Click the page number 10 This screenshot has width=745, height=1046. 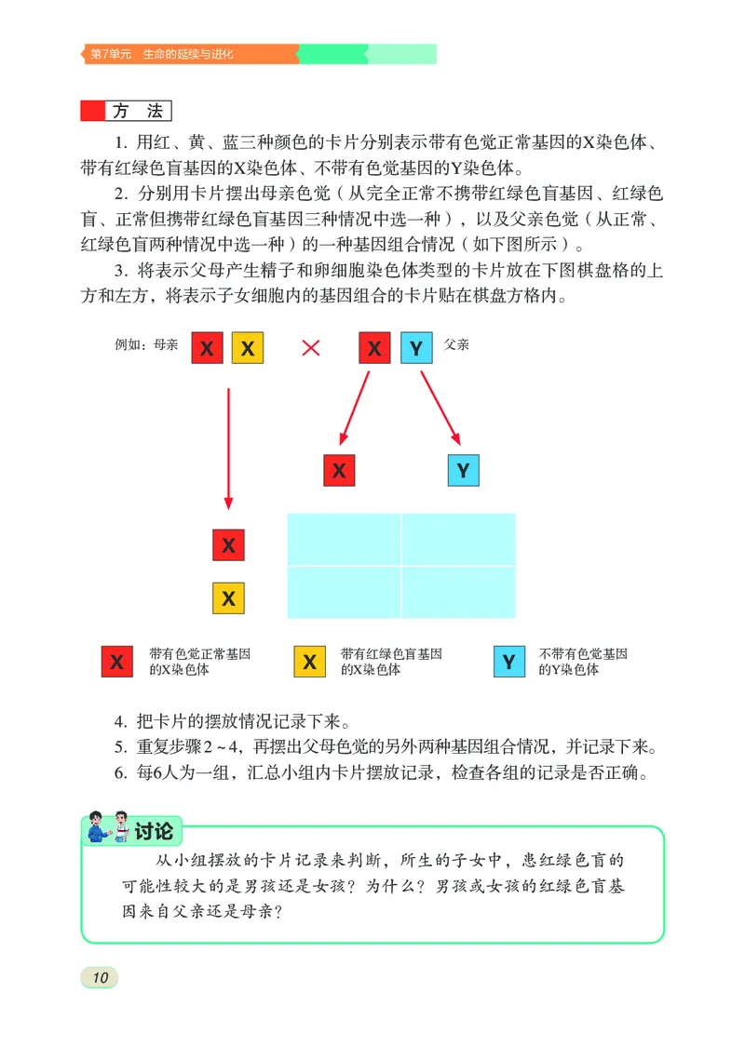[x=100, y=976]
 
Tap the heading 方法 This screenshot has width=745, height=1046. [x=137, y=112]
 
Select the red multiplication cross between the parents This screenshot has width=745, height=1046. [x=311, y=348]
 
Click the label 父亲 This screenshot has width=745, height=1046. [x=456, y=344]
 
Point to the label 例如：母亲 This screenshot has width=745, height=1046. [x=146, y=344]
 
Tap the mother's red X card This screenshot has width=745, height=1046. [x=207, y=348]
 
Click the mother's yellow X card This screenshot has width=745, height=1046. [x=248, y=348]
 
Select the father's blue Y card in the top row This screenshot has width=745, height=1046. [x=416, y=348]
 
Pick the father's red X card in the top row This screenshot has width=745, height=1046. [x=374, y=348]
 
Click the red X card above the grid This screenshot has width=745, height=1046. [x=339, y=470]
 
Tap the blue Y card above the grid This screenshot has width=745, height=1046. [x=463, y=470]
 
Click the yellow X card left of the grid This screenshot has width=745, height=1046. [x=228, y=597]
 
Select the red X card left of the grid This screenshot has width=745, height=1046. [x=228, y=545]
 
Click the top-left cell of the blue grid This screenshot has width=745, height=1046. [x=344, y=539]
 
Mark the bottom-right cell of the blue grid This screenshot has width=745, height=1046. [x=458, y=592]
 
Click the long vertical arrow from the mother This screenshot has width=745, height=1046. [x=228, y=447]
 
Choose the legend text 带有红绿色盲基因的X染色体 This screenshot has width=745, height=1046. [x=391, y=662]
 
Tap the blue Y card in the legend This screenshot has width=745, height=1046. [x=508, y=662]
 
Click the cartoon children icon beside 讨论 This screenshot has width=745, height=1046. [x=105, y=828]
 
